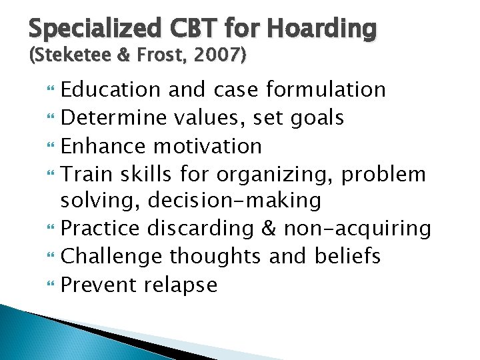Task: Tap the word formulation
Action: [x=325, y=89]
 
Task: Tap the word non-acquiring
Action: [x=357, y=229]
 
